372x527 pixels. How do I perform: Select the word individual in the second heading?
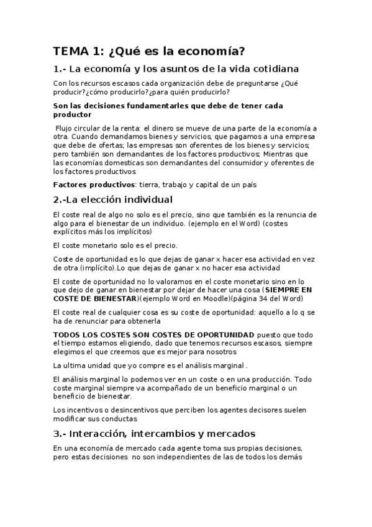point(141,199)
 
